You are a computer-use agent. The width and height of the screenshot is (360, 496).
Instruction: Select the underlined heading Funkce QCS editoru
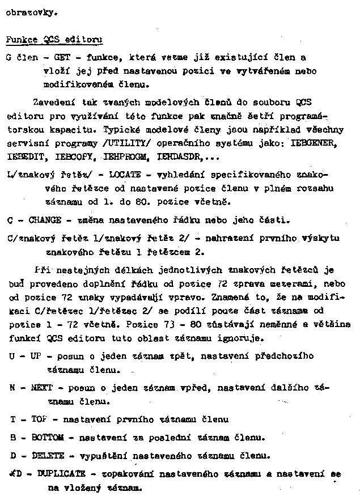(54, 40)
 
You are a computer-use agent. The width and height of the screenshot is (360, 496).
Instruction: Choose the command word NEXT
(43, 388)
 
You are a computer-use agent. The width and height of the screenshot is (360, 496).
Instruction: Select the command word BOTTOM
(49, 438)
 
